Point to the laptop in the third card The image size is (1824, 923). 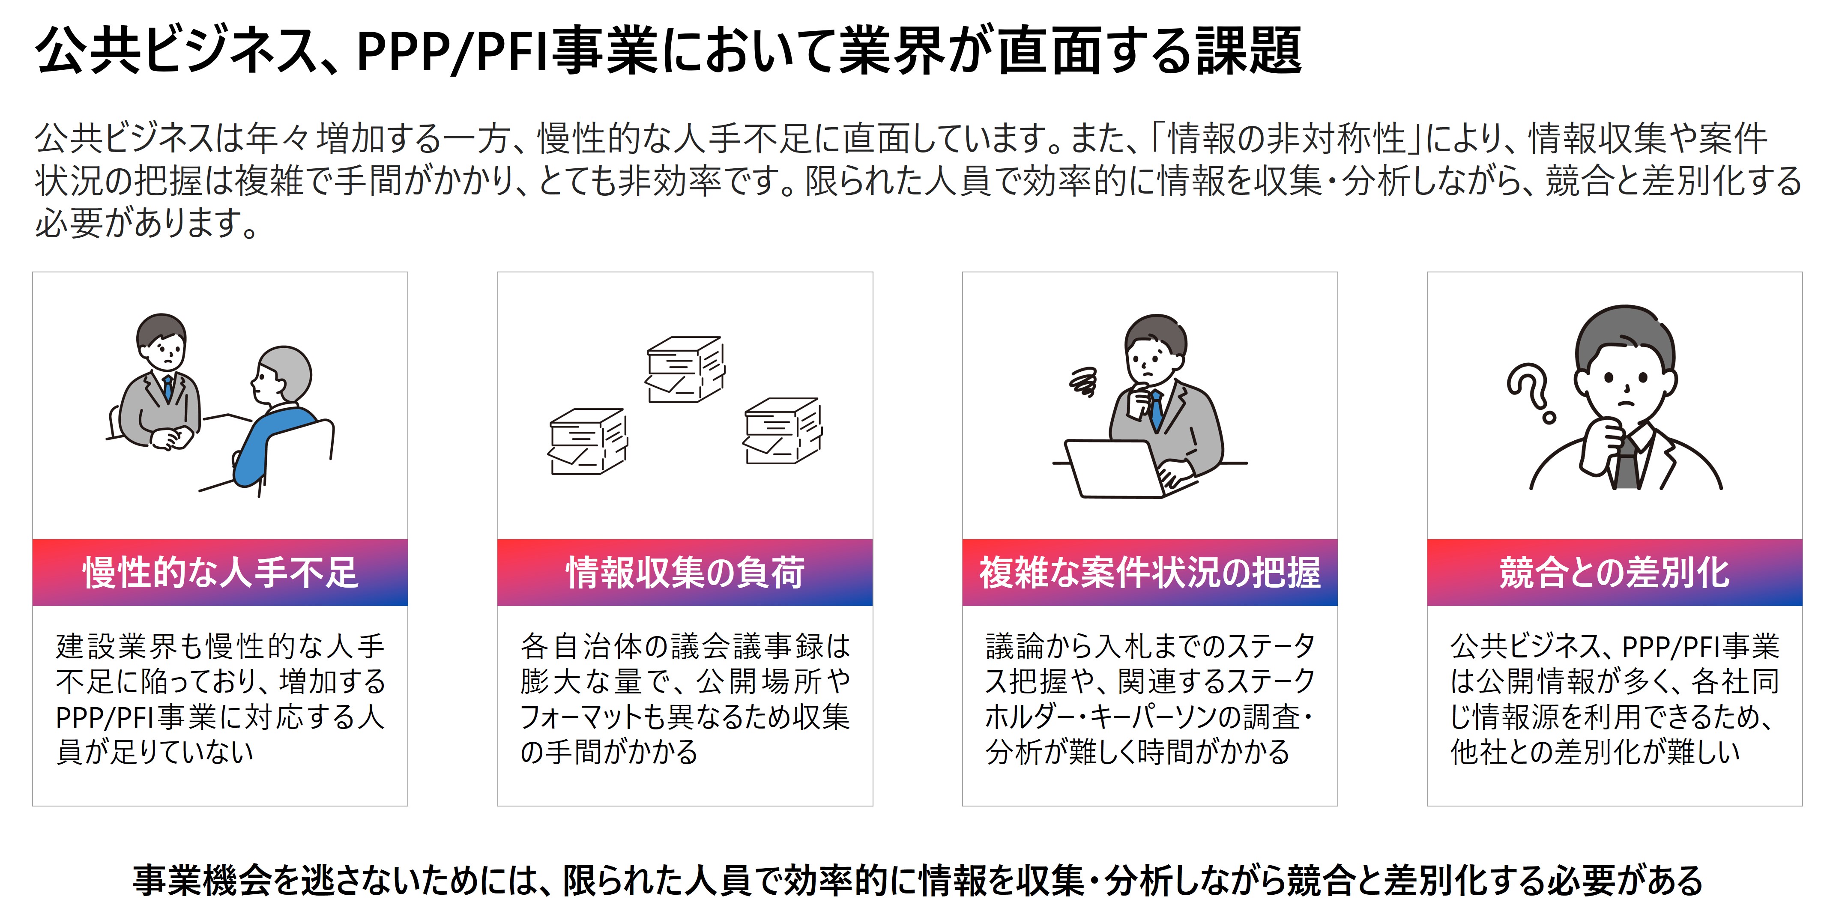coord(1115,469)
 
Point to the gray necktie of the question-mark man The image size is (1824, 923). coord(1627,463)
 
